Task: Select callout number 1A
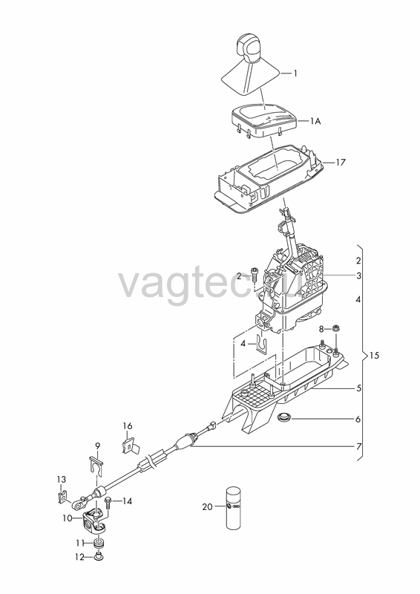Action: coord(315,121)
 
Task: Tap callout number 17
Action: coord(341,162)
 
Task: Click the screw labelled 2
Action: coord(254,274)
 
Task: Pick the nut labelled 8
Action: coord(335,328)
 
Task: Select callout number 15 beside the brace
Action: coord(374,356)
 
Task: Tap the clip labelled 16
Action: coord(130,445)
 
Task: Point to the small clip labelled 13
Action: coord(62,497)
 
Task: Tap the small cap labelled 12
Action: coord(99,556)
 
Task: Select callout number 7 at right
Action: coord(358,446)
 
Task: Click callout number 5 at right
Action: coord(358,388)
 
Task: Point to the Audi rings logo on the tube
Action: coord(235,507)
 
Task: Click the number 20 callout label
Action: coord(208,506)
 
